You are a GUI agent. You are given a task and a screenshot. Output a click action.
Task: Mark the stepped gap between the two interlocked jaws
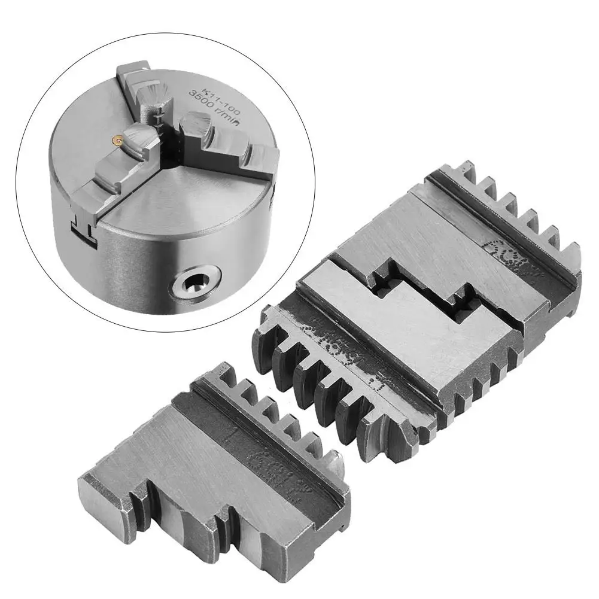[x=419, y=293]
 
